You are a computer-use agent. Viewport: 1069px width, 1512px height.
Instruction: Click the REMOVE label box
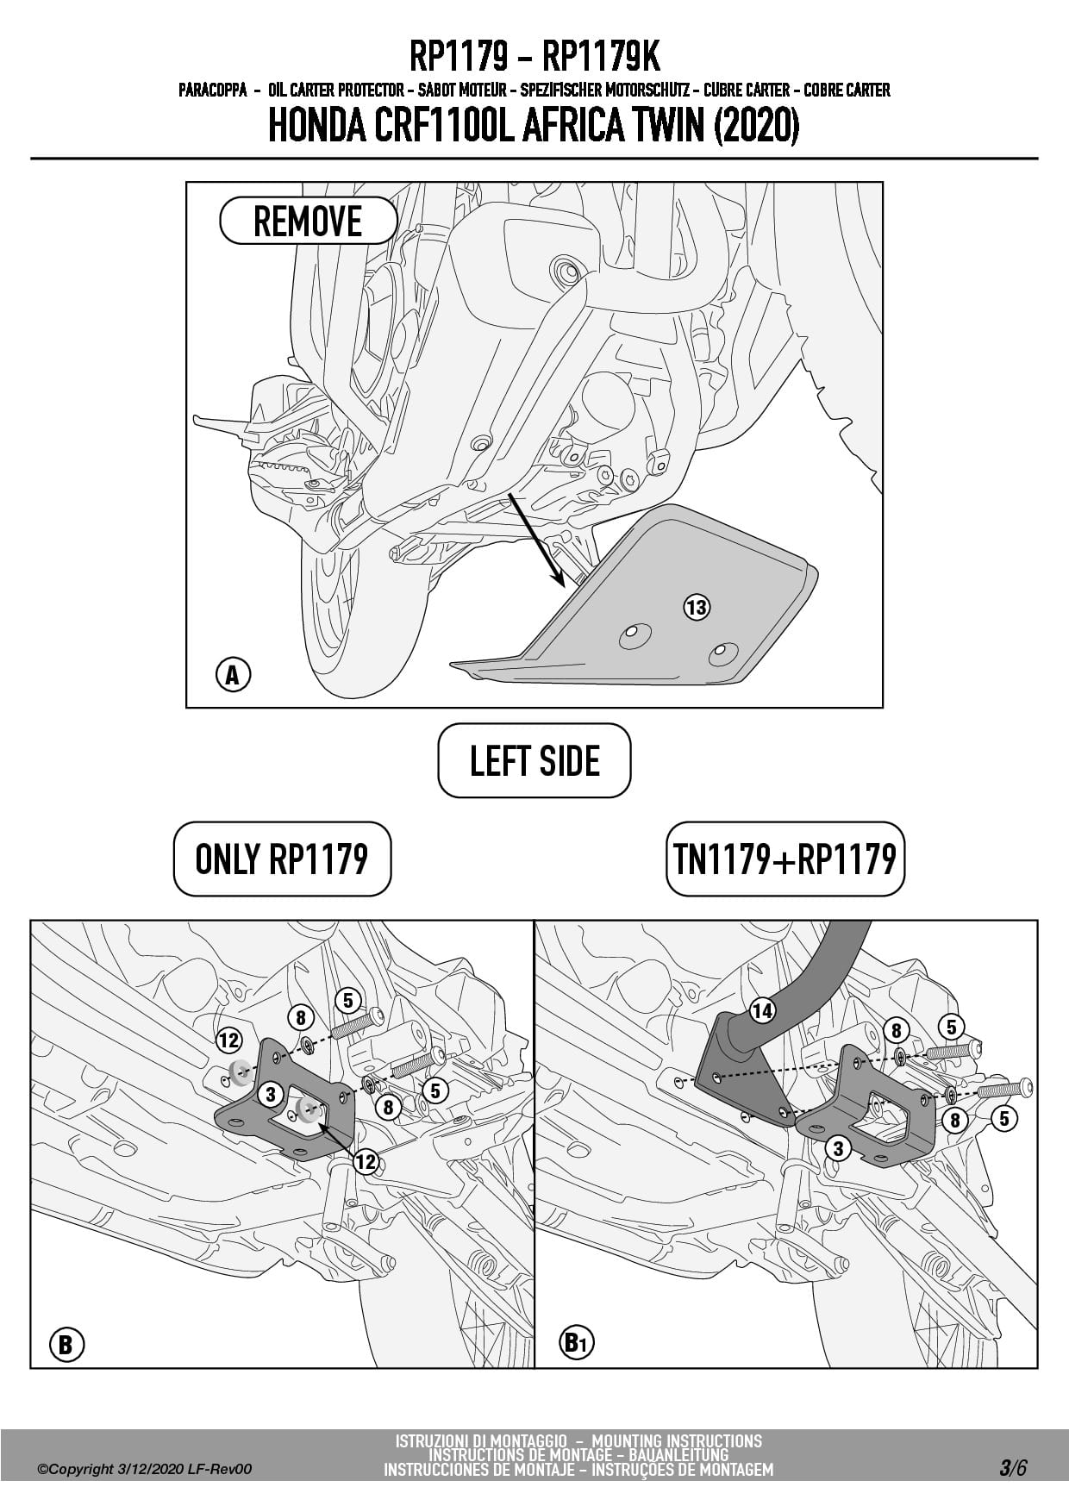[x=308, y=222]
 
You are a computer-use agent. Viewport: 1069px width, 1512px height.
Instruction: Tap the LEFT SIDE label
[x=534, y=760]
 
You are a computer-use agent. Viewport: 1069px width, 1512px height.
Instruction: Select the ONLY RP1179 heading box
[x=282, y=859]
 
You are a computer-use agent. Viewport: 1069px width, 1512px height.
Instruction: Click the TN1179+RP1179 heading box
[x=785, y=859]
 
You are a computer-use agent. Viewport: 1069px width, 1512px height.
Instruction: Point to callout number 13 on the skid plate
[x=697, y=607]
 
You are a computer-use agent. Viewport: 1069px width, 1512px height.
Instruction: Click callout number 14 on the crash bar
[x=762, y=1010]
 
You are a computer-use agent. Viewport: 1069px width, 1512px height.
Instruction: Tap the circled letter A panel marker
[x=232, y=675]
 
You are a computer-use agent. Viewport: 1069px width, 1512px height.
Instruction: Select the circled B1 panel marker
[x=577, y=1342]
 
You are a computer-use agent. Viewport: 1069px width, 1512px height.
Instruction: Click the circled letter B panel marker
[x=66, y=1344]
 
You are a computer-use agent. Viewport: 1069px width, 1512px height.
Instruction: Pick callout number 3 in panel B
[x=271, y=1094]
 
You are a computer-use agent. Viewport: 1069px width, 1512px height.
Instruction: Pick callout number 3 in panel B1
[x=838, y=1147]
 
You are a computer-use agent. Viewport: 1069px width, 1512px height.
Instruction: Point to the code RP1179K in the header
[x=601, y=58]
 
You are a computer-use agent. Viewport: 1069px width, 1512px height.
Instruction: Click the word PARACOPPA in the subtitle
[x=213, y=90]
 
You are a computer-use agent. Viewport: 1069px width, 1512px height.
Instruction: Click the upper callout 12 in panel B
[x=228, y=1040]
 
